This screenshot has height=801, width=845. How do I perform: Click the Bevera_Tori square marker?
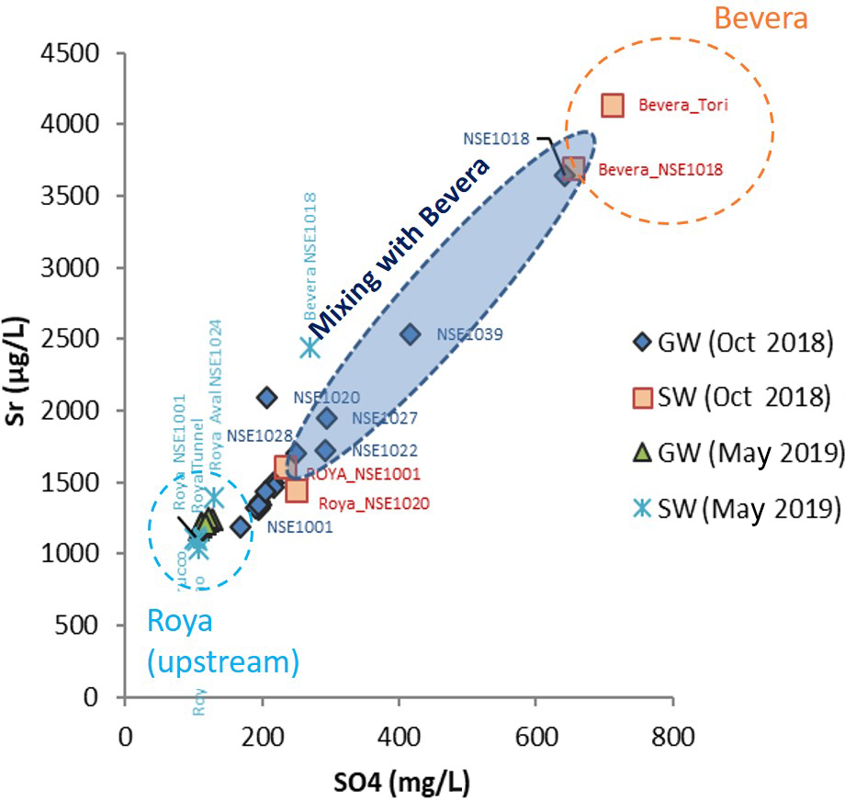[x=614, y=106]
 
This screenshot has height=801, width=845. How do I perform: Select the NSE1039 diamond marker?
[x=411, y=334]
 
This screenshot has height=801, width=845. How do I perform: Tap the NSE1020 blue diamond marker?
[x=266, y=398]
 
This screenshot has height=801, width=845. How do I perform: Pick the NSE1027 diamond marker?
[x=327, y=419]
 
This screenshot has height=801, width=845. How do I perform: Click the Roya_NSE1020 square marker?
[x=297, y=491]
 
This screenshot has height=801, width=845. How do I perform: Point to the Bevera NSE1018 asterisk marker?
[x=310, y=347]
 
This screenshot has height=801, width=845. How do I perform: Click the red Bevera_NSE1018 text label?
[x=659, y=170]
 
